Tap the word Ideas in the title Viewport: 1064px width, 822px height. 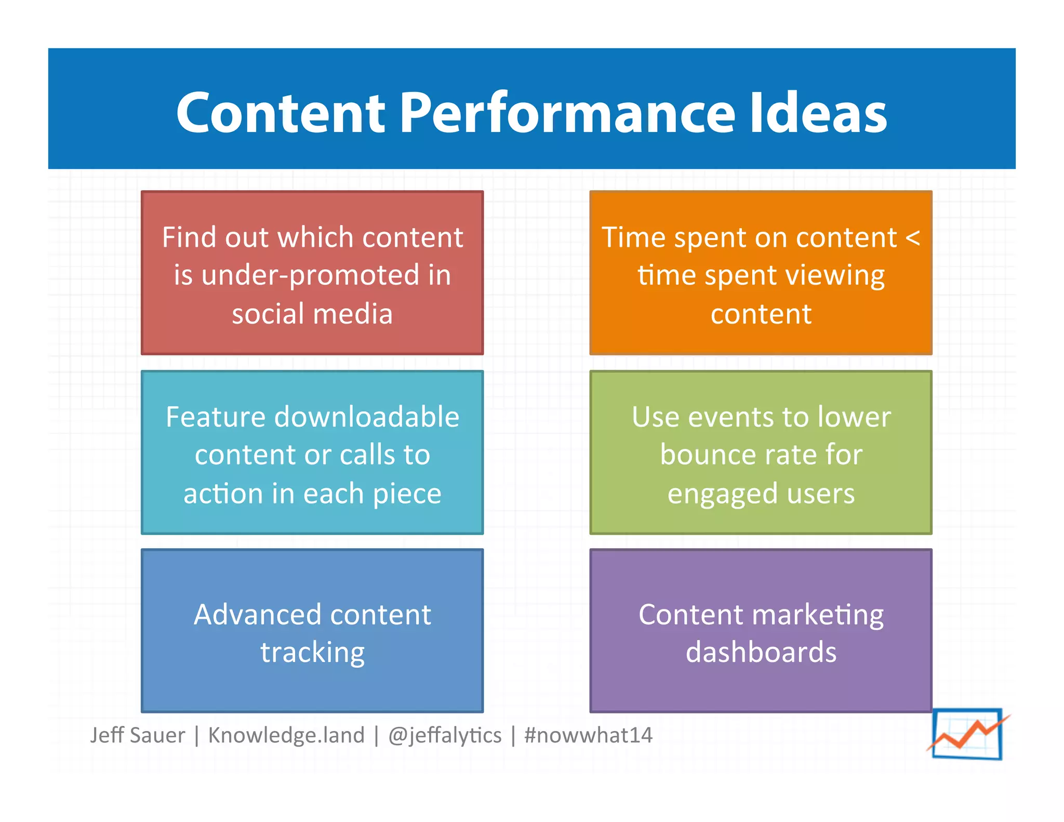pyautogui.click(x=818, y=113)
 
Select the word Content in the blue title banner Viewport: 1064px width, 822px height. pyautogui.click(x=281, y=113)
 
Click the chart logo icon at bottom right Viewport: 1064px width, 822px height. pyautogui.click(x=967, y=734)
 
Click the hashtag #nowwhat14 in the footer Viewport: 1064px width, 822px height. pyautogui.click(x=588, y=735)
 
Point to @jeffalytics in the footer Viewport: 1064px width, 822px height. pyautogui.click(x=445, y=735)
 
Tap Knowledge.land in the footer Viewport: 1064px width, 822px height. pyautogui.click(x=286, y=735)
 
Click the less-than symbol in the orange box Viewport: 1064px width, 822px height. pyautogui.click(x=912, y=238)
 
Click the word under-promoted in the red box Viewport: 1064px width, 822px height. pyautogui.click(x=310, y=275)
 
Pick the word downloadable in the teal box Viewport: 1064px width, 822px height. pyautogui.click(x=366, y=417)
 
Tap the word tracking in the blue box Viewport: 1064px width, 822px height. pyautogui.click(x=312, y=653)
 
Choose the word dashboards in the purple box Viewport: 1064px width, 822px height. pyautogui.click(x=761, y=652)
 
